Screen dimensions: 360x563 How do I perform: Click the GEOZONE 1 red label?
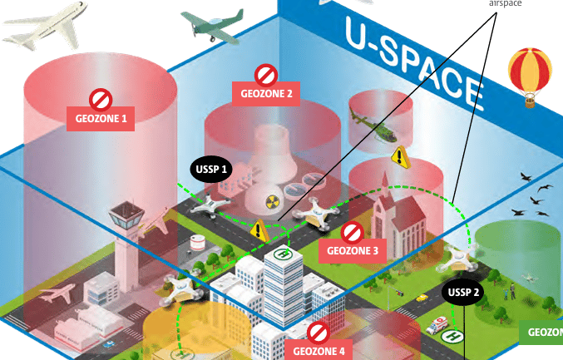(101, 119)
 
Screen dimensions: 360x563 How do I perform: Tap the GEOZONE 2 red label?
(266, 94)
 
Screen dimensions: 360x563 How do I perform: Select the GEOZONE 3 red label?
(352, 249)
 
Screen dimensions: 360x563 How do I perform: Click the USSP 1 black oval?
(211, 169)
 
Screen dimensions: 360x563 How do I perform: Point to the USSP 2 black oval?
(463, 292)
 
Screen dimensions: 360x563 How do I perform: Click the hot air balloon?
(530, 75)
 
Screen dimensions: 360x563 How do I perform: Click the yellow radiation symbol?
(272, 200)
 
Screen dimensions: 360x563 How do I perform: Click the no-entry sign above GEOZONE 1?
(101, 100)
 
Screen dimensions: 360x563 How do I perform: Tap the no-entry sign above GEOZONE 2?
(265, 75)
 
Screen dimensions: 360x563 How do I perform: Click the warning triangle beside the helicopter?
(401, 155)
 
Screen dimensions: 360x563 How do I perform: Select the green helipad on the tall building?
(284, 254)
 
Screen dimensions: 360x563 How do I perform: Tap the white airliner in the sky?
(46, 26)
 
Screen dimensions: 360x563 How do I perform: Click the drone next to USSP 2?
(460, 258)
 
